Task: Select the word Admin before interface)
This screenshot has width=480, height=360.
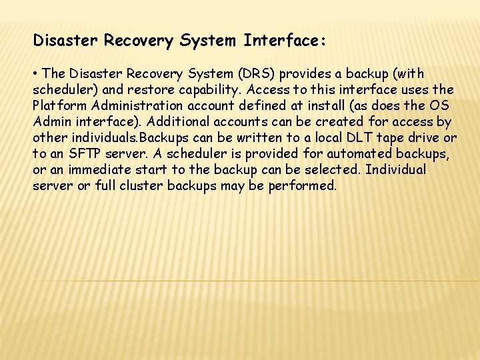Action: tap(54, 121)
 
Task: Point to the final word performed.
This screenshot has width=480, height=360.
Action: tap(303, 185)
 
